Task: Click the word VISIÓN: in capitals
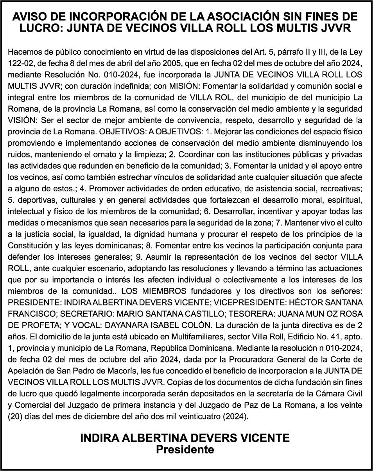tap(21, 119)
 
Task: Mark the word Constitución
tap(30, 246)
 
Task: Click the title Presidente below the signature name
tap(185, 450)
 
